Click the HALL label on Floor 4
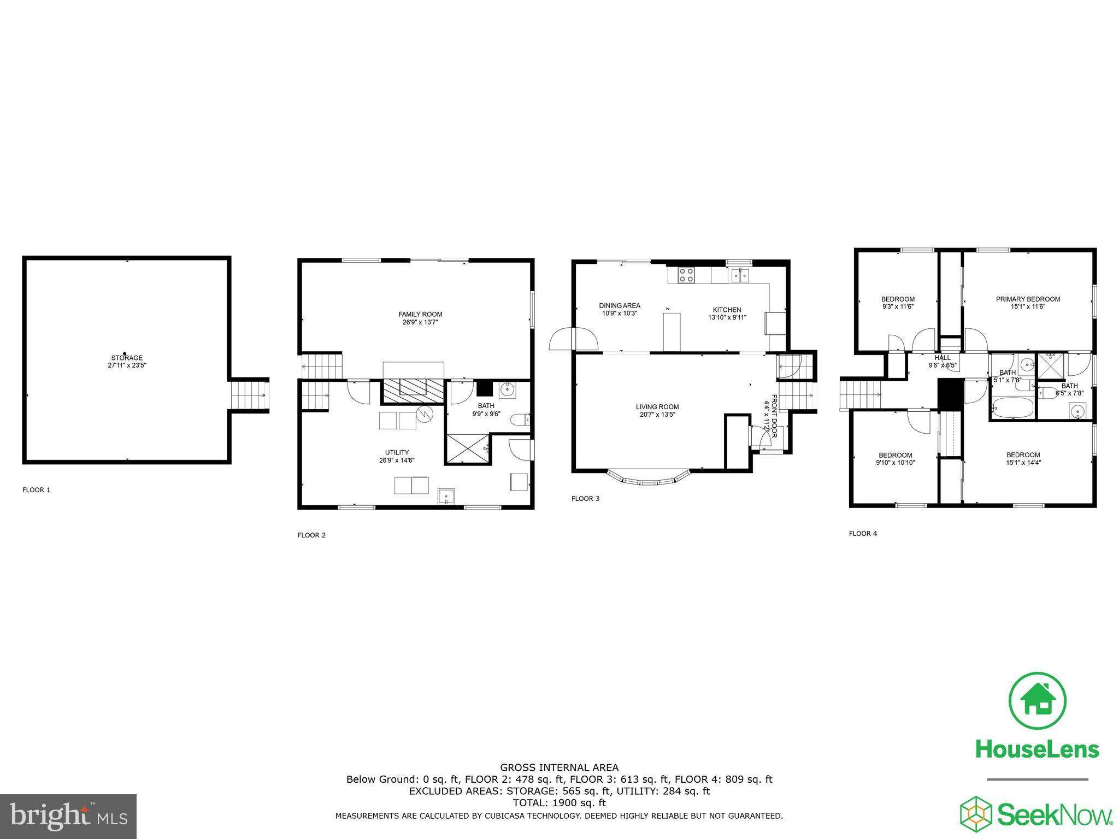(943, 358)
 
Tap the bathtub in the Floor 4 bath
(1012, 407)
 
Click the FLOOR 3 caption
(585, 498)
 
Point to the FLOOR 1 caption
(36, 490)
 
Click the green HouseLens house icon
(1037, 701)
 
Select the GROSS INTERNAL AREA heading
(559, 767)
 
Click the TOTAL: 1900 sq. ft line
(559, 803)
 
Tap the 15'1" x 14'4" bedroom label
(1023, 458)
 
